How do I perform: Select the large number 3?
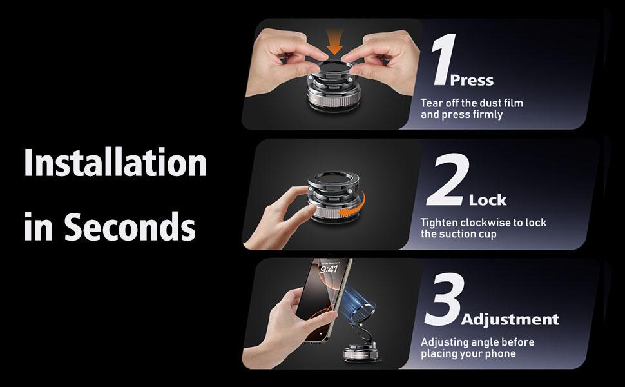[443, 301]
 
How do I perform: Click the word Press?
[472, 81]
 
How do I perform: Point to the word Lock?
[488, 201]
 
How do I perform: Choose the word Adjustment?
[510, 319]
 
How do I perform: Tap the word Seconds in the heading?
[131, 226]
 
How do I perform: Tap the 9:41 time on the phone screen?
[329, 269]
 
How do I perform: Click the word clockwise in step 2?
[485, 223]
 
